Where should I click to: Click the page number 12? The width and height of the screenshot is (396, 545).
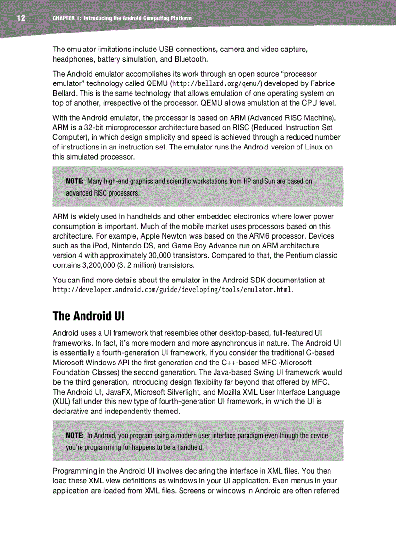coord(21,18)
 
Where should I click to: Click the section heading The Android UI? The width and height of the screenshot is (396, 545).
coord(88,316)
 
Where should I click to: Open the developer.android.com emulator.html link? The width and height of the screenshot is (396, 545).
coord(172,290)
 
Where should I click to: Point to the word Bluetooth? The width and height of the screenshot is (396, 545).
coord(190,59)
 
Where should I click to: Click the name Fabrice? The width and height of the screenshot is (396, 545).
coord(322,83)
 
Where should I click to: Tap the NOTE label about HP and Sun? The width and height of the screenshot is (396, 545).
coord(75,181)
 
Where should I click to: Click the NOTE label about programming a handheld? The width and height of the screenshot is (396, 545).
coord(75,435)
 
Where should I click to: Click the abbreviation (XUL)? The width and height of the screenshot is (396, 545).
coord(62,402)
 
